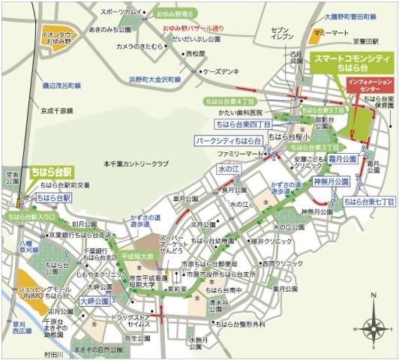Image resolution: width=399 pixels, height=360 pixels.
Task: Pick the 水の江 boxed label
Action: (x=227, y=171)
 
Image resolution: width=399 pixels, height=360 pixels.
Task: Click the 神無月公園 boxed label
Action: (x=331, y=182)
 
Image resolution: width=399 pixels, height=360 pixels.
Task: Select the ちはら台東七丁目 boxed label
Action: (x=367, y=202)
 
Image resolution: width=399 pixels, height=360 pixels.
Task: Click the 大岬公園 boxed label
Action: (x=95, y=301)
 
